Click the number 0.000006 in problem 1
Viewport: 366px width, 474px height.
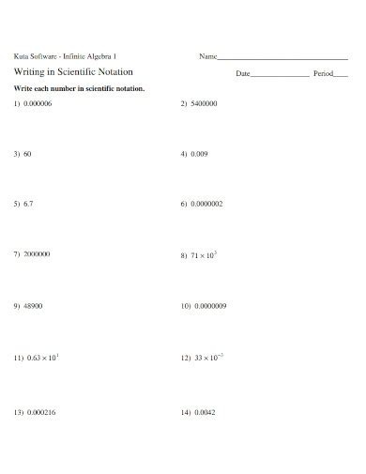[x=38, y=103]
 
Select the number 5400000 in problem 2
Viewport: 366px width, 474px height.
[x=204, y=103]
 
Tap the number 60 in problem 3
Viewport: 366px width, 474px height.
[x=28, y=153]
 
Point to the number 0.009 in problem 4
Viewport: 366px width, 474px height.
[x=199, y=153]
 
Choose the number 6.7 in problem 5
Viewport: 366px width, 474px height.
[x=29, y=203]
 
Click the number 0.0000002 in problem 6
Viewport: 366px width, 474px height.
[x=206, y=203]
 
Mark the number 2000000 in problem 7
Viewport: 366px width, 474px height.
[x=37, y=254]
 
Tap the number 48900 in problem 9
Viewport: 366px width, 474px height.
[x=33, y=306]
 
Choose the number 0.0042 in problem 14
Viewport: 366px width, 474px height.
[x=204, y=412]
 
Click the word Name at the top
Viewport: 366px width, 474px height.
[x=207, y=56]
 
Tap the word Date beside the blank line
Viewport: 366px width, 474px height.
[x=243, y=73]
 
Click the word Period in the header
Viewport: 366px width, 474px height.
[x=323, y=73]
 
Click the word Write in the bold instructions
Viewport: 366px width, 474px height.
[x=22, y=87]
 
